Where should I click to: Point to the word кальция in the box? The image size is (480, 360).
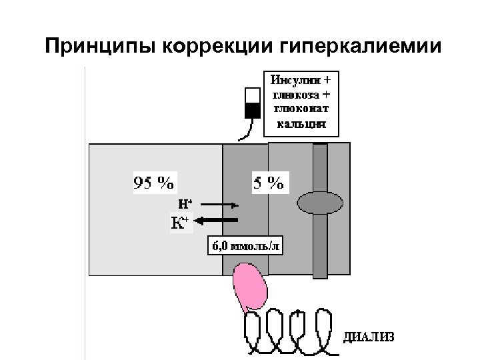(298, 123)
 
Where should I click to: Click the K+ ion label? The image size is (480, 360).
(179, 222)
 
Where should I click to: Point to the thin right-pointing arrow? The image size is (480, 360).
(216, 204)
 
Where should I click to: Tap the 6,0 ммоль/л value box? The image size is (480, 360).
(246, 245)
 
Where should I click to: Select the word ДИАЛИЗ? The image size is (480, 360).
(369, 336)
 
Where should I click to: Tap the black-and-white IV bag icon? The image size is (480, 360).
(253, 103)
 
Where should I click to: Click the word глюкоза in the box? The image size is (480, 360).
(299, 95)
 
